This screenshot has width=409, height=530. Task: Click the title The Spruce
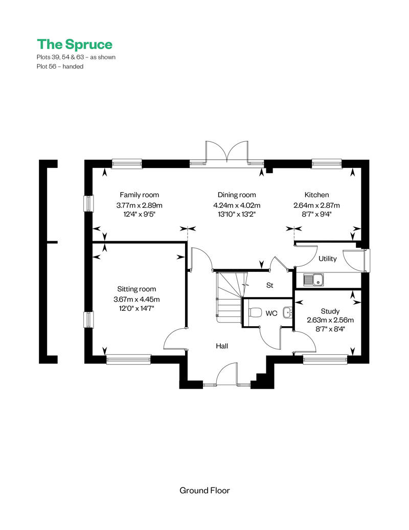pos(75,44)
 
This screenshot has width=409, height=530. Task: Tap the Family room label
pos(140,195)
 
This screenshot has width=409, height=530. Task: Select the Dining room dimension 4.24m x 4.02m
pos(237,205)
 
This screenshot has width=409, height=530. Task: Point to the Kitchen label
pos(316,195)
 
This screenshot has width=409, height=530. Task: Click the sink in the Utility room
pos(313,280)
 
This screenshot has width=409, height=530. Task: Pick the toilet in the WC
pos(256,313)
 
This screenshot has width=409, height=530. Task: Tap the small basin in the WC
pos(287,313)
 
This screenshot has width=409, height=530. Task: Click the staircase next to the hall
pos(229,297)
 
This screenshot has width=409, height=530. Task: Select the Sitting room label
pos(137,289)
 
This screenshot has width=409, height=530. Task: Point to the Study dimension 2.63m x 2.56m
pos(330,320)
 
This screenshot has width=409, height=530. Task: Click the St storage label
pos(269,285)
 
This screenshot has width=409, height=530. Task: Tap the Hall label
pos(222,346)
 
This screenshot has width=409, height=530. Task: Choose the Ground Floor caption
pos(204,491)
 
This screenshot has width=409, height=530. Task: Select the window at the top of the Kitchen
pos(327,163)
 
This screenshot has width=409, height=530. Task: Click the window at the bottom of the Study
pos(325,359)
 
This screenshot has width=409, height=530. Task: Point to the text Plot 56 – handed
pos(60,67)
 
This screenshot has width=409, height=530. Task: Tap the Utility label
pos(328,259)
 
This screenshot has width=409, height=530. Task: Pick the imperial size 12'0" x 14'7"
pos(137,308)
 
